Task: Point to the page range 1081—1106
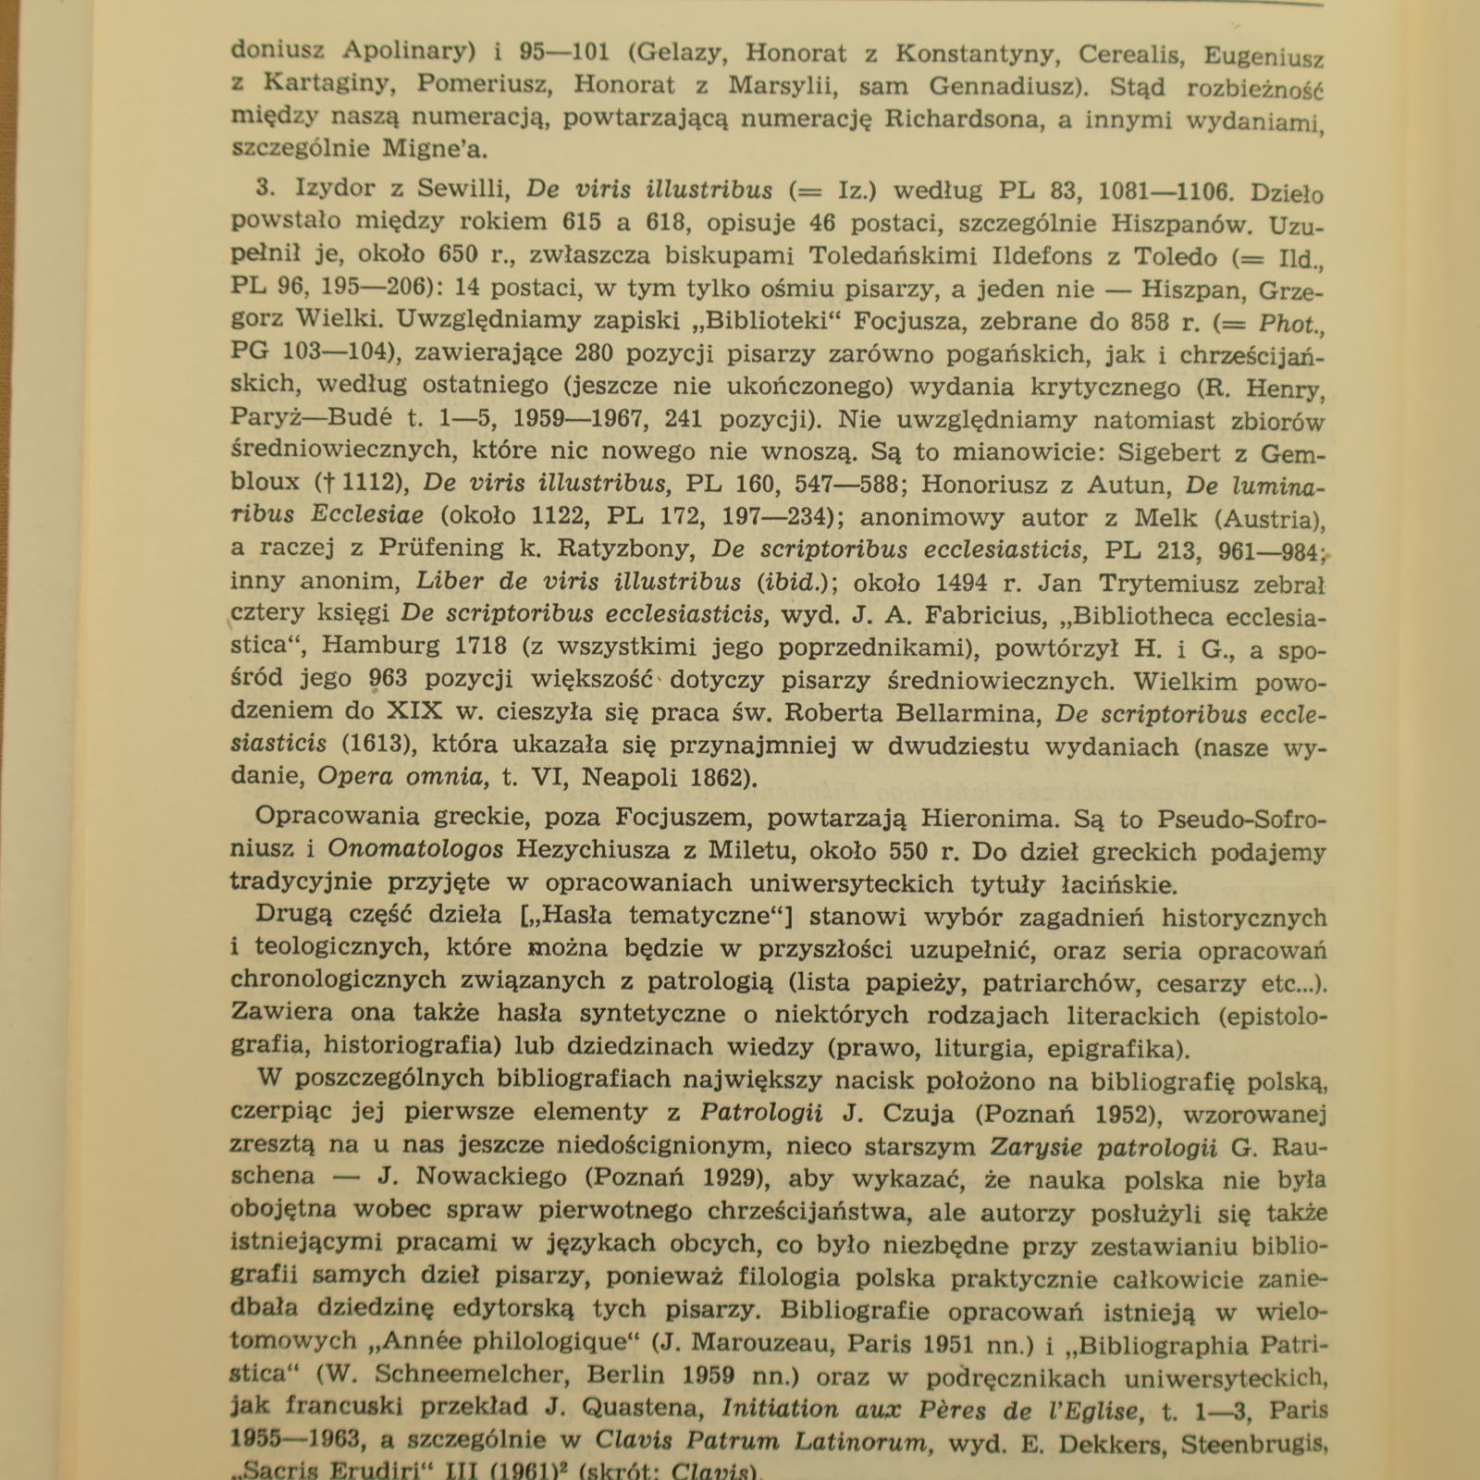[1165, 192]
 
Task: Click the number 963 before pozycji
[388, 679]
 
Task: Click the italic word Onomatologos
[415, 849]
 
